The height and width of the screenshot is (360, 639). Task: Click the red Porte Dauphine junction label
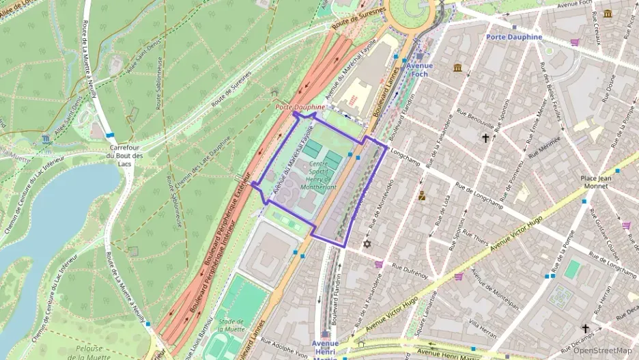pos(300,107)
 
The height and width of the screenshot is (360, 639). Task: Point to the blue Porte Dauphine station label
pos(513,37)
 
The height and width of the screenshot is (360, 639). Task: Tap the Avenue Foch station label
pos(420,69)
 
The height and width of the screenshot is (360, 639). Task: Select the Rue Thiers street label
pos(475,236)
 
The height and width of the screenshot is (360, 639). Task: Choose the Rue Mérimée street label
pos(543,146)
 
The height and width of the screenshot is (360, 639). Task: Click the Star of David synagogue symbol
pos(367,244)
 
